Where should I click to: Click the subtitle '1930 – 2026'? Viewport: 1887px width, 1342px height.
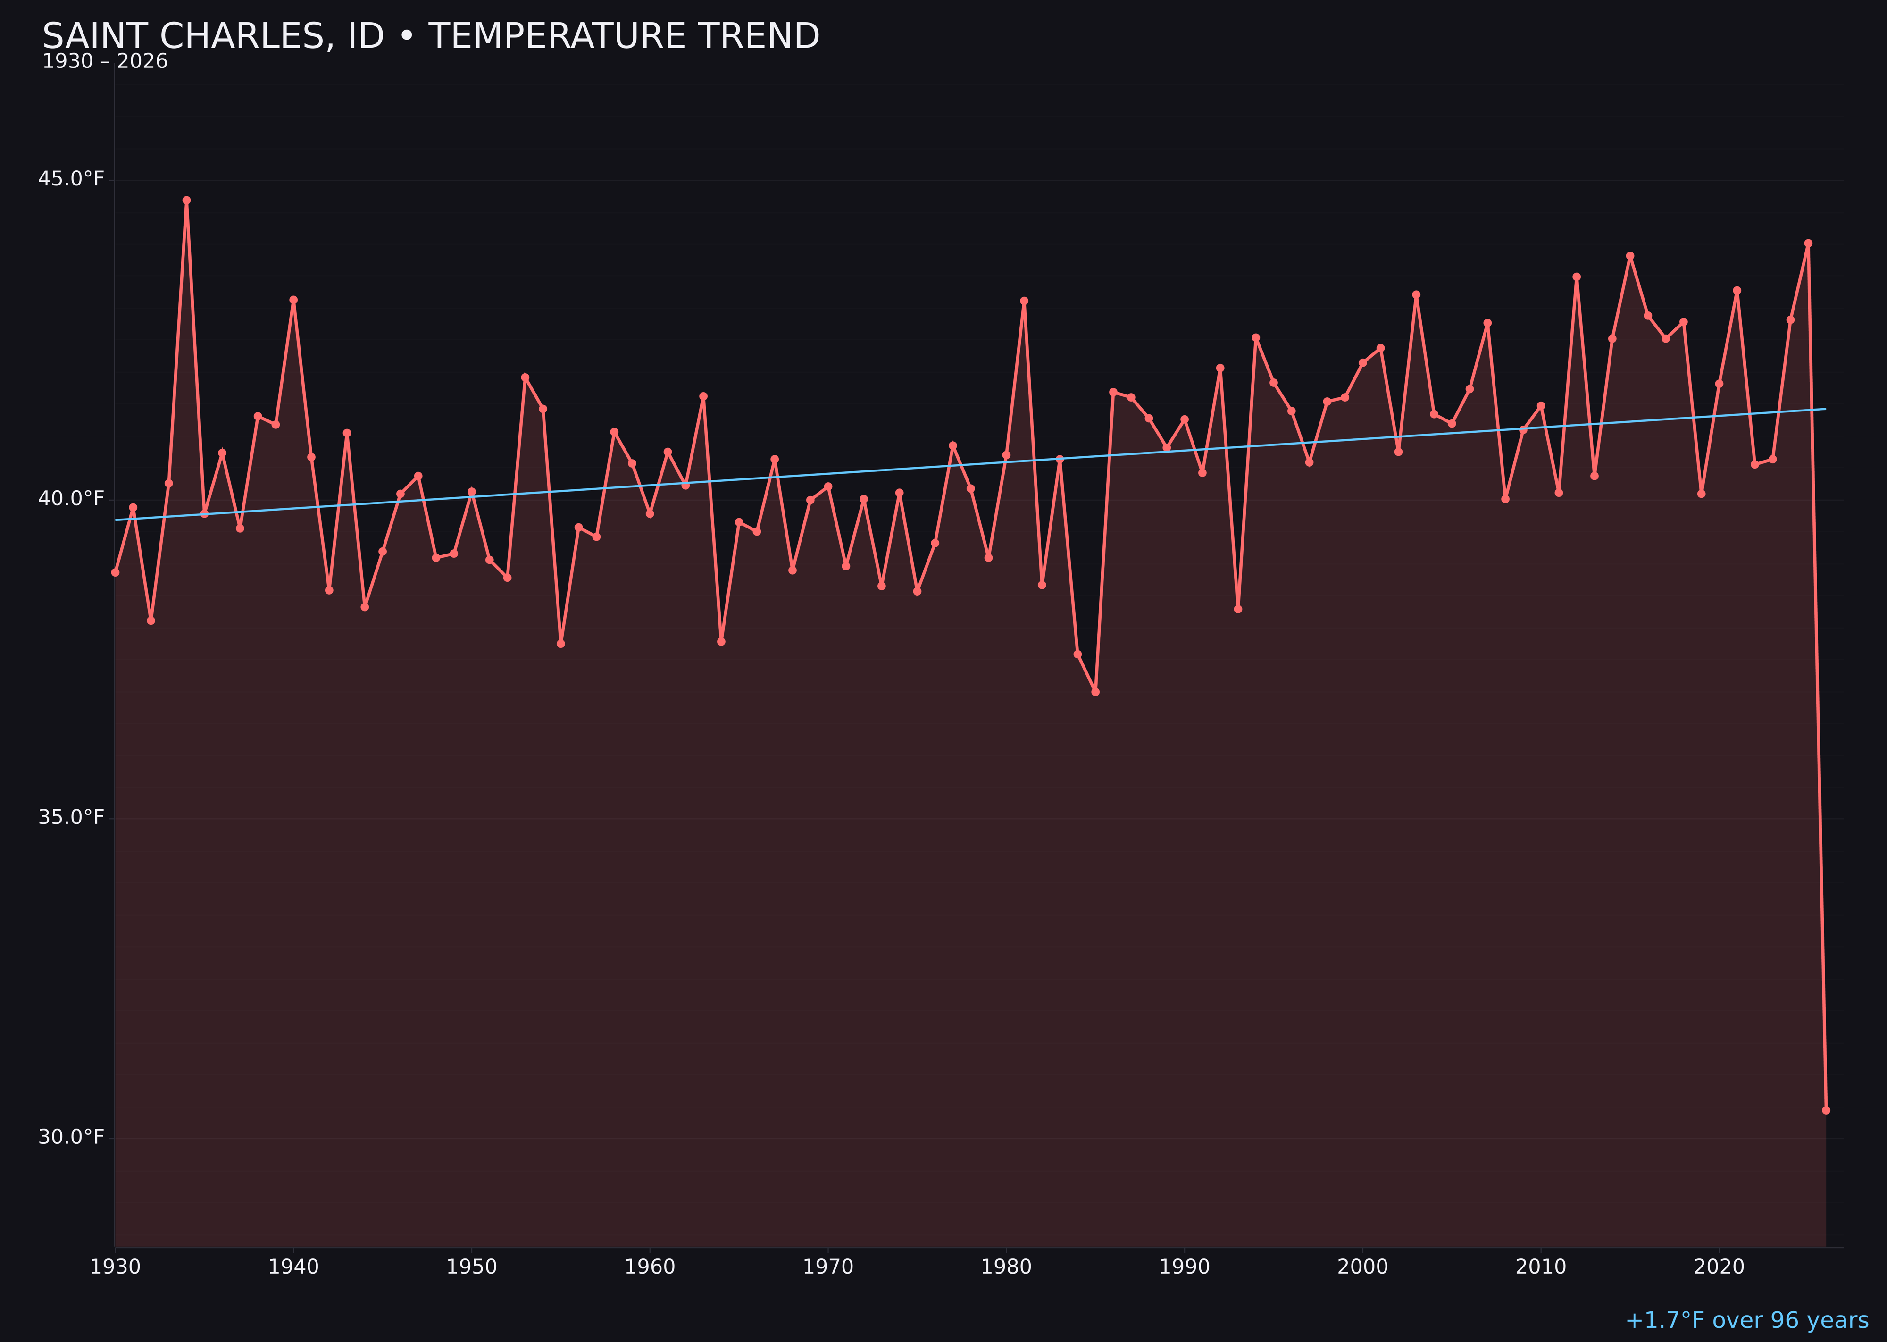pos(105,62)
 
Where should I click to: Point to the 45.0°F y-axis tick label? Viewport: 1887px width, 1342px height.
pos(71,178)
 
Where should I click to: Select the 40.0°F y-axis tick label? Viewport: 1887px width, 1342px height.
pos(71,498)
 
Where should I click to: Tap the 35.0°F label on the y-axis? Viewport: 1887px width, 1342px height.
pos(71,817)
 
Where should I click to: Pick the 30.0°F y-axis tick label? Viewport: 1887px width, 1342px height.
pos(71,1137)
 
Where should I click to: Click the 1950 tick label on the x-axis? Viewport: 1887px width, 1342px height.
pos(471,1267)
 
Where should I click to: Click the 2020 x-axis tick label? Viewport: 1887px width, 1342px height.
pos(1719,1267)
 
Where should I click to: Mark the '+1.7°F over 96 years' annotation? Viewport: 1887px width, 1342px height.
pos(1746,1320)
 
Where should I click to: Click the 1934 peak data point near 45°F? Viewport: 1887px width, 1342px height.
pos(187,200)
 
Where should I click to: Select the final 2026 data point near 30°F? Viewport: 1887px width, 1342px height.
pos(1826,1110)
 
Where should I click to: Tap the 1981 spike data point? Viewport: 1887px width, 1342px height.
pos(1024,301)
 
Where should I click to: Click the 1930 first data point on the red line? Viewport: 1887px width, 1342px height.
pos(115,572)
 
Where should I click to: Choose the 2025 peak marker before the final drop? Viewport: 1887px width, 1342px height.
pos(1808,243)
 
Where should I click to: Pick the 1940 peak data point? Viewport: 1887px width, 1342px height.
pos(293,300)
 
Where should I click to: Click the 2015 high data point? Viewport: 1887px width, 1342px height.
pos(1630,255)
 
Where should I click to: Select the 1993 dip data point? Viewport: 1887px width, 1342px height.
pos(1237,609)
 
